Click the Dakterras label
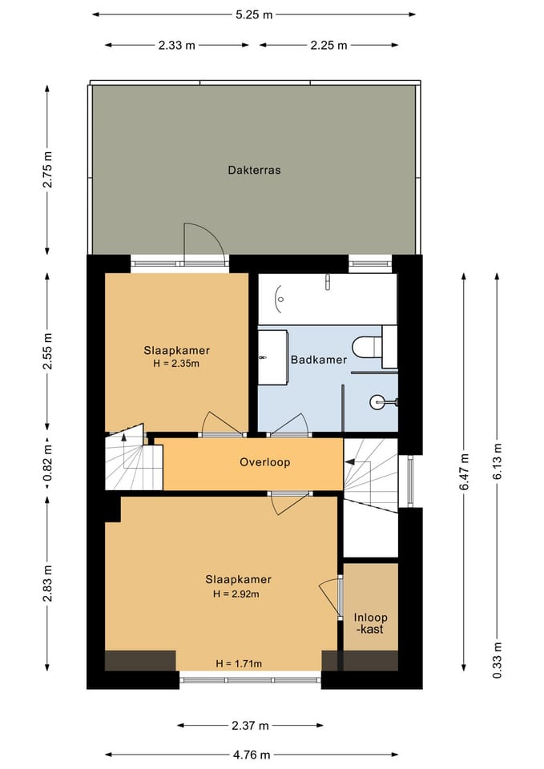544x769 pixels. tap(254, 170)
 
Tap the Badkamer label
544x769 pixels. tap(319, 360)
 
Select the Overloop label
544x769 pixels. tap(265, 462)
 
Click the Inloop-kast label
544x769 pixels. tap(371, 623)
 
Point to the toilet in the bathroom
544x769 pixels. tap(368, 347)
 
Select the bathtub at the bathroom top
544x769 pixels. tap(327, 299)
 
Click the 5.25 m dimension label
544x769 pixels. tap(254, 14)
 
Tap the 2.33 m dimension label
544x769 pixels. tap(176, 46)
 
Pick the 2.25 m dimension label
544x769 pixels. tap(328, 46)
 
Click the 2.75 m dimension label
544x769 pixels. tap(47, 170)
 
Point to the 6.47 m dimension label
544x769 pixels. tap(465, 471)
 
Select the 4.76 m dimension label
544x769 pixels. tap(252, 755)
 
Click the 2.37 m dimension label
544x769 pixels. tap(250, 726)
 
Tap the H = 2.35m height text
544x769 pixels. tap(176, 364)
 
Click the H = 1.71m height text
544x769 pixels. tap(239, 663)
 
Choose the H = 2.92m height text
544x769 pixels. tap(236, 594)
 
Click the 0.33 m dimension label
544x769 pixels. tap(498, 660)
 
